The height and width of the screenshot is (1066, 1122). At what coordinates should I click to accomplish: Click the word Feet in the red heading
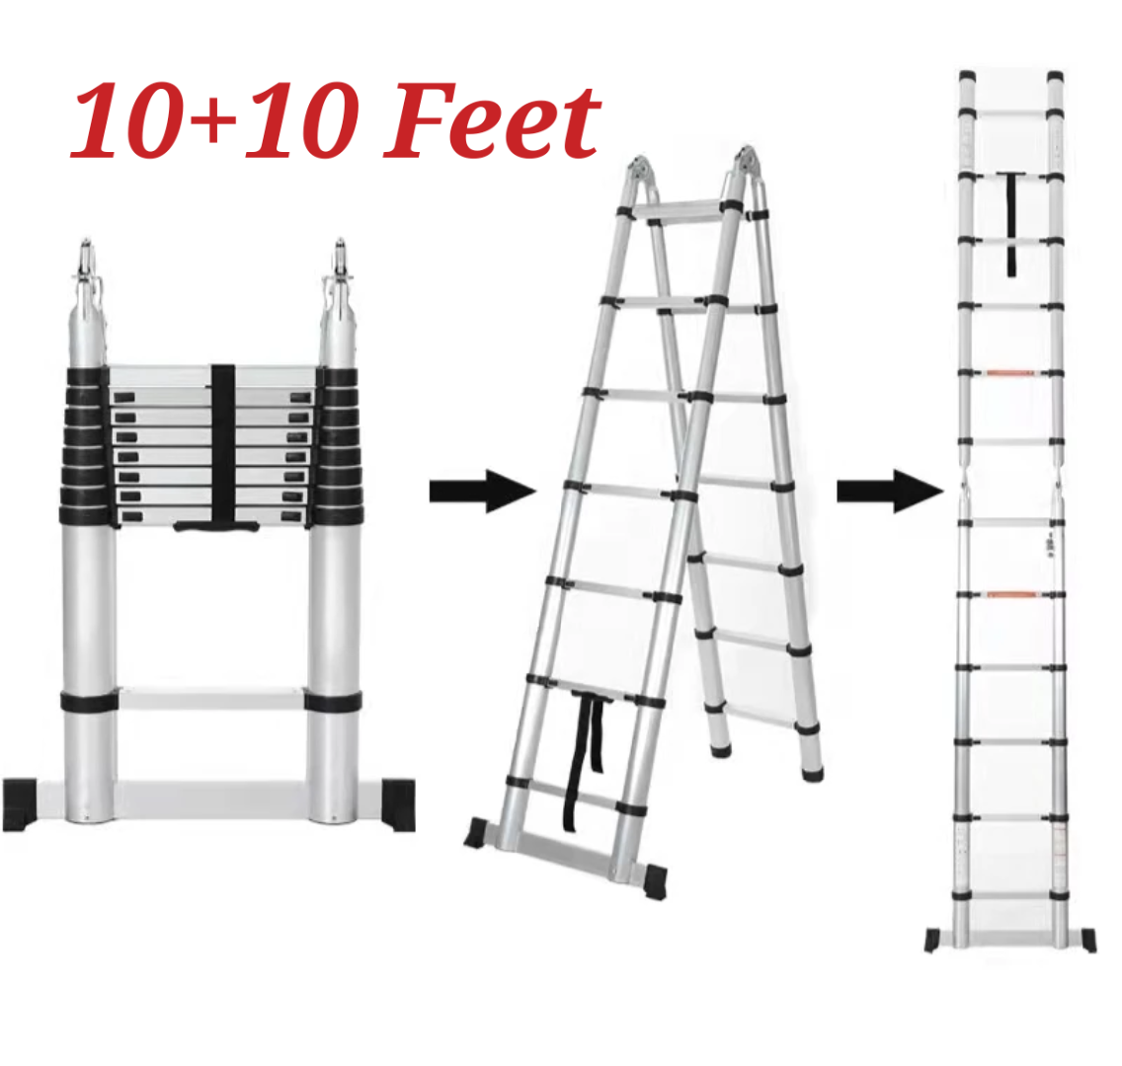click(x=492, y=120)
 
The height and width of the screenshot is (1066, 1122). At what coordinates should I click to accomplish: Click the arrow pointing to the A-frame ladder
click(x=482, y=492)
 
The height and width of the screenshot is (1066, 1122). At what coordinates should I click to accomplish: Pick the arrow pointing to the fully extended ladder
click(x=890, y=492)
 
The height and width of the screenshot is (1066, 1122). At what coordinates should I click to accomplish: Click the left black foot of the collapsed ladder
click(x=20, y=803)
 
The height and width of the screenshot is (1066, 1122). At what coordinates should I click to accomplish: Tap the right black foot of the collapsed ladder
click(x=398, y=803)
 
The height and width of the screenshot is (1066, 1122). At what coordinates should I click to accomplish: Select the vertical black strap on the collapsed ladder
click(x=222, y=443)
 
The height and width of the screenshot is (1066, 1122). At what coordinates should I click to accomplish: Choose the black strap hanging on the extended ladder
click(x=1011, y=223)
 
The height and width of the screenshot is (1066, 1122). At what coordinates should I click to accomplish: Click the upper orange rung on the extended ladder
click(x=1011, y=372)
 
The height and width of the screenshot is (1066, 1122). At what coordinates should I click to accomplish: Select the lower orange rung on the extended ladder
click(x=1011, y=594)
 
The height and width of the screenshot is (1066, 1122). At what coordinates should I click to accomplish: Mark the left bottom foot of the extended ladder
click(x=932, y=941)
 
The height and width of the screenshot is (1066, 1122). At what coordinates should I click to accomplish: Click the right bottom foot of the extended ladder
click(x=1088, y=941)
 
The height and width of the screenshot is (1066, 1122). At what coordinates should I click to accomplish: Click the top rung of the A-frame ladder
click(x=677, y=209)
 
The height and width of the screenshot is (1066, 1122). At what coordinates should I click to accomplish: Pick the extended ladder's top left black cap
click(x=968, y=77)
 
